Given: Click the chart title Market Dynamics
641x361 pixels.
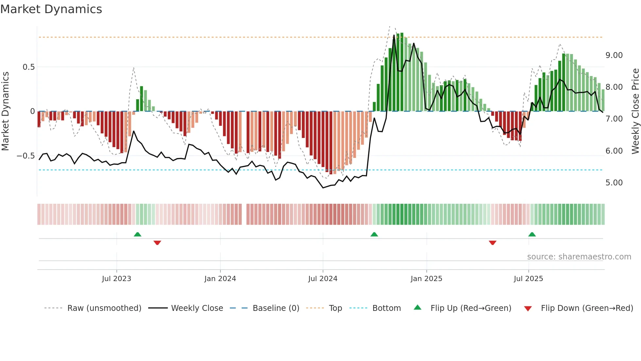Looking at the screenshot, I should pyautogui.click(x=51, y=9).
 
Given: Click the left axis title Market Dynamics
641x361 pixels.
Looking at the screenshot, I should pyautogui.click(x=5, y=111).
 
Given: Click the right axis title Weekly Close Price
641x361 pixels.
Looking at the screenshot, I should pyautogui.click(x=635, y=111).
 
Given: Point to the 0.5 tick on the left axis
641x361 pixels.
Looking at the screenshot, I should pyautogui.click(x=28, y=67).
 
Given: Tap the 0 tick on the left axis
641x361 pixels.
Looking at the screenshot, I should pyautogui.click(x=32, y=111).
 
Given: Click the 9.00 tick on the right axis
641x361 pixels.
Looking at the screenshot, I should pyautogui.click(x=614, y=55).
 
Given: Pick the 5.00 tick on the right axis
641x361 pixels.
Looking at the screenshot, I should pyautogui.click(x=614, y=183).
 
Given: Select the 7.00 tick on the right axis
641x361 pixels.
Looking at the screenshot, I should pyautogui.click(x=614, y=119).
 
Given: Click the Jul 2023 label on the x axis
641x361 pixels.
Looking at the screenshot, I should pyautogui.click(x=116, y=279).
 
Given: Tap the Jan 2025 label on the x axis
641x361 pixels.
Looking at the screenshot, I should pyautogui.click(x=426, y=279).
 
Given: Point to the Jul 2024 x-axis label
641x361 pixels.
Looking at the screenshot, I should pyautogui.click(x=322, y=279).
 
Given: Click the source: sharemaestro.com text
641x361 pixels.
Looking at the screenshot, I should pyautogui.click(x=579, y=257).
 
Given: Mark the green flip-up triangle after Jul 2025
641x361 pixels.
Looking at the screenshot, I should pyautogui.click(x=532, y=235).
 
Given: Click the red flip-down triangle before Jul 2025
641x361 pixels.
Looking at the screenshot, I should pyautogui.click(x=493, y=242).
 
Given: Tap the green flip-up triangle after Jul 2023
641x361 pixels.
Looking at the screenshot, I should pyautogui.click(x=137, y=235).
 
